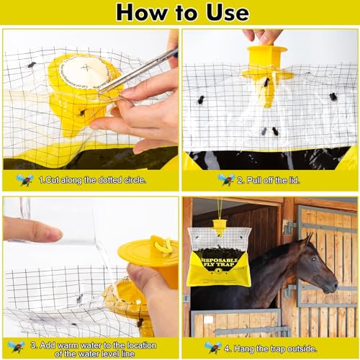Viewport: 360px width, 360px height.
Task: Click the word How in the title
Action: [x=140, y=12]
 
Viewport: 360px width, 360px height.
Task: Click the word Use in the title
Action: [x=224, y=12]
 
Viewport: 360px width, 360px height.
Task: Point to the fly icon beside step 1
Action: [x=26, y=179]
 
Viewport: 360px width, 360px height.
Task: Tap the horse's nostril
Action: [x=333, y=286]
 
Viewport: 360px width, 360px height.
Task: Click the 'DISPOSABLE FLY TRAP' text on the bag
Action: [x=220, y=262]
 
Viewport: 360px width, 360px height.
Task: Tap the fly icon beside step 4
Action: [x=214, y=347]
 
